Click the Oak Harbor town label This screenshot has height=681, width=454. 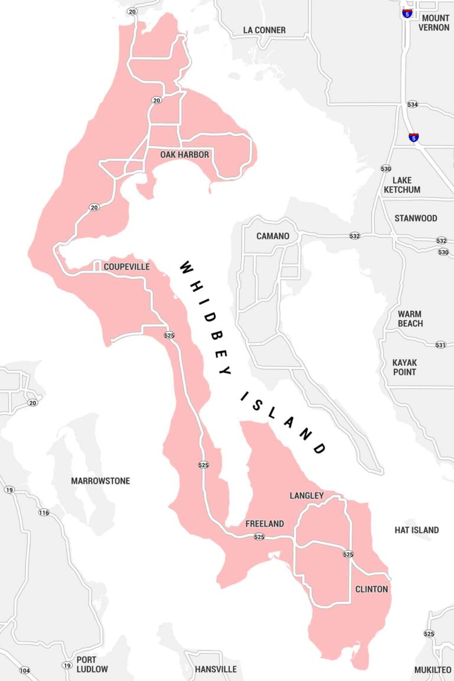tap(184, 154)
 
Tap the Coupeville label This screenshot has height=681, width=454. tap(127, 267)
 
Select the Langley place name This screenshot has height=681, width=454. tap(306, 495)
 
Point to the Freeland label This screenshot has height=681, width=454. tap(264, 524)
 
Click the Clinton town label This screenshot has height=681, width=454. tap(371, 589)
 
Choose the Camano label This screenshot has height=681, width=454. tap(273, 236)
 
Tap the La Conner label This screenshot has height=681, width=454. tap(264, 30)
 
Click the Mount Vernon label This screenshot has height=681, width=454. tap(434, 22)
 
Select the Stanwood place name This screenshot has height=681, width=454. tap(416, 218)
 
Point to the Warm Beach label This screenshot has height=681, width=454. tap(410, 319)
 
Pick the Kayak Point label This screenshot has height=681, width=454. tap(404, 367)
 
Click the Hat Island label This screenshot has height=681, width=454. tap(416, 530)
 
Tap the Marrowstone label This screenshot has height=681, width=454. tap(100, 481)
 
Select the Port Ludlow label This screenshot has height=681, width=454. tap(92, 664)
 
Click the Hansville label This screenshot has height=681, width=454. tap(216, 669)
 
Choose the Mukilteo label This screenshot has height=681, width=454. tap(434, 669)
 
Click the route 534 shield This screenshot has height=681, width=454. tap(413, 105)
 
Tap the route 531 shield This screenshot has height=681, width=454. tap(440, 345)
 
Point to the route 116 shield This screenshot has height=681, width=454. tap(44, 512)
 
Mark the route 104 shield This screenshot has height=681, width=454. tap(24, 670)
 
